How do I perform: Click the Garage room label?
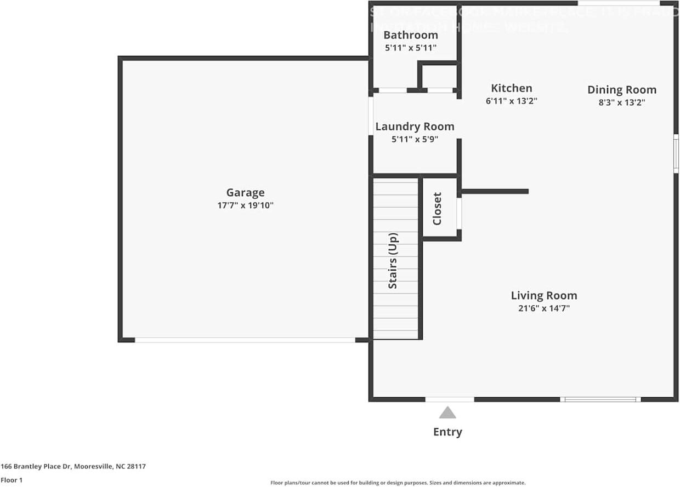click(245, 192)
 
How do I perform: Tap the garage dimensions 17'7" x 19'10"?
click(245, 206)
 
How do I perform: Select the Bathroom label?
click(410, 35)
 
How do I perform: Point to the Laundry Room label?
click(415, 127)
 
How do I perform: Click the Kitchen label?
click(511, 88)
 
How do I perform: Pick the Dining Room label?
click(621, 90)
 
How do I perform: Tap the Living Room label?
click(543, 296)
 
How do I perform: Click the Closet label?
click(437, 209)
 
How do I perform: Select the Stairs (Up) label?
click(393, 261)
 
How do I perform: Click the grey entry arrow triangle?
click(447, 412)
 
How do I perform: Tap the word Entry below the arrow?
click(447, 432)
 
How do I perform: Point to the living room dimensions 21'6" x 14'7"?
click(543, 308)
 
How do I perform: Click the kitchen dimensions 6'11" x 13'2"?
click(511, 101)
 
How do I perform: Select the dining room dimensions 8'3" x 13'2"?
click(621, 102)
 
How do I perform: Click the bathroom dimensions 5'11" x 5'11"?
click(410, 48)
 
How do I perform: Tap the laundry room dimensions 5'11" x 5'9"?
click(415, 140)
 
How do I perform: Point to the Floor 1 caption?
click(12, 480)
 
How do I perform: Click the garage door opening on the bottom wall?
click(245, 340)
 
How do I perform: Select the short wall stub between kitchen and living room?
click(495, 191)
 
